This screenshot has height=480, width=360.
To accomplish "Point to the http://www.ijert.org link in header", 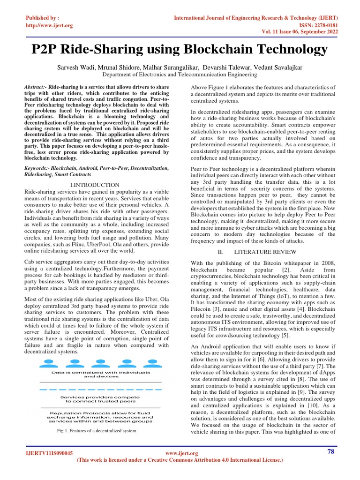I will pos(49,25).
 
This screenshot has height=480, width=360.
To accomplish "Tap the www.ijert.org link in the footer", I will pos(182,453).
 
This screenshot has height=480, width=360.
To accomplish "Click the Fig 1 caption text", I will pos(96,430).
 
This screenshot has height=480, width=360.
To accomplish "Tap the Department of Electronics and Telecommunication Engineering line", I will pos(180,74).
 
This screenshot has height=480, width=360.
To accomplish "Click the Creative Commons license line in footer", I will pos(180,460).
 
